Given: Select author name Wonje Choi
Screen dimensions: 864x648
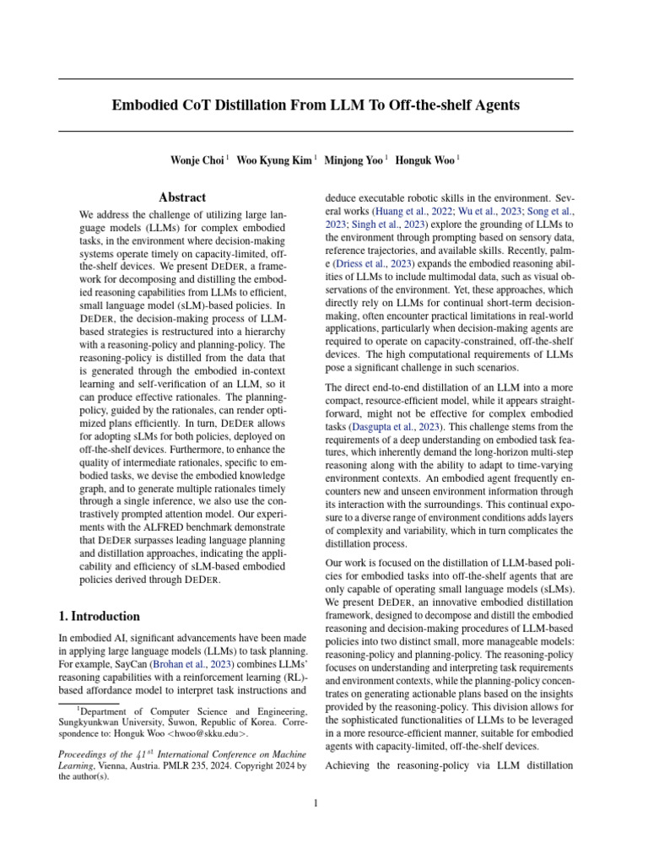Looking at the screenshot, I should [x=197, y=159].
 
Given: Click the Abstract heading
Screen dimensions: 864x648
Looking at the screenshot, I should [x=182, y=197].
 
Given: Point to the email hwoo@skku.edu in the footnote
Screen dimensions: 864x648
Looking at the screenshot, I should [x=212, y=734].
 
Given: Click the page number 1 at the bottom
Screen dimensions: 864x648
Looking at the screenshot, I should [x=316, y=803].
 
